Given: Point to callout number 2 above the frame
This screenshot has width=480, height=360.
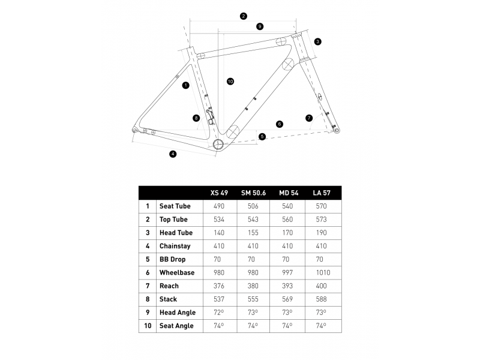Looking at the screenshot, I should coord(243,16).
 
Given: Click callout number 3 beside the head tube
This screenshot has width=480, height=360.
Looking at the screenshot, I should coord(317,41).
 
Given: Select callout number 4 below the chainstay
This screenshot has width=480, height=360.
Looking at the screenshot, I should coord(173,154).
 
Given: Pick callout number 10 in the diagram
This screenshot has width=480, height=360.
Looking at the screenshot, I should coord(230,81).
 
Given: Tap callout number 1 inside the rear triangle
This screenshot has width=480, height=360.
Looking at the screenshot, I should coord(186,85).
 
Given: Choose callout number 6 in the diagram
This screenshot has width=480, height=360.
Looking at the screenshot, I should coord(280,124).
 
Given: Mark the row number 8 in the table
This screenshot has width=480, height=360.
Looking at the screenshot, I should coord(148,299).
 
